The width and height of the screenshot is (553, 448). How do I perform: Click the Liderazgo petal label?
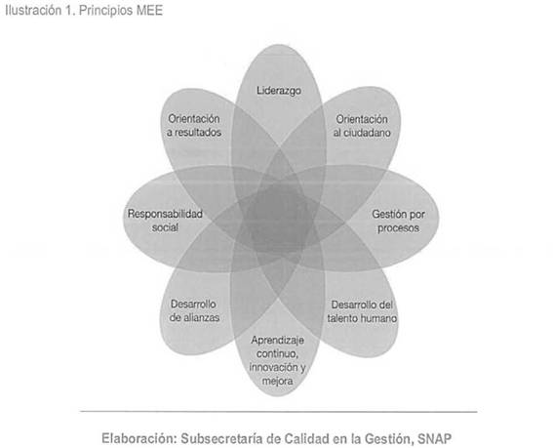279,91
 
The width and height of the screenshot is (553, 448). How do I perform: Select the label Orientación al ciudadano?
362,126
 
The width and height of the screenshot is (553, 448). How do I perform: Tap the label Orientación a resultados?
194,125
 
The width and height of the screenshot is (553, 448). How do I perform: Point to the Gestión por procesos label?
398,221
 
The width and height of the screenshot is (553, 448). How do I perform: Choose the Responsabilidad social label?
165,221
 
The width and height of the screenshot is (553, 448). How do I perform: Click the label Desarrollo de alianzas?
194,310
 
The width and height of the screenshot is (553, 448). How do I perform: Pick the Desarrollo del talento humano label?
362,311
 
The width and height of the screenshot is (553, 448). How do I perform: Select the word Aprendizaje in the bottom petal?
278,341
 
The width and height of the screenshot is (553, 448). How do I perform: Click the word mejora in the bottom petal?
277,382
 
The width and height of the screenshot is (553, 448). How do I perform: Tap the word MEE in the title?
149,10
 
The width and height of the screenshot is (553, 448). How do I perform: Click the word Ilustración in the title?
33,10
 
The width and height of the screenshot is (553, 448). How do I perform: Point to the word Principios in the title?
106,11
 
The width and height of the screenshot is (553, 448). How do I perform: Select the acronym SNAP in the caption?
434,439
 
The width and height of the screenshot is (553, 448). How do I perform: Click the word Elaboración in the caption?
138,439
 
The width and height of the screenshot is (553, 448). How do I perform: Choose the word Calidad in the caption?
306,439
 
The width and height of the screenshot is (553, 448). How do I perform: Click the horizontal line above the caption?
279,411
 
